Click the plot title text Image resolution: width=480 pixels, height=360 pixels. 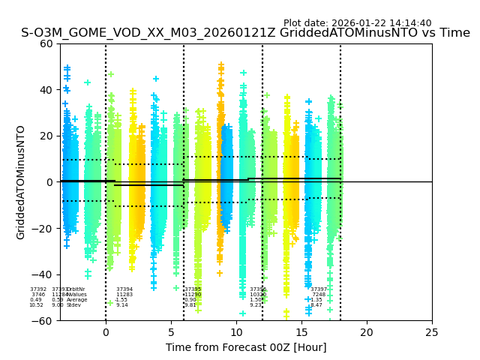tap(245, 33)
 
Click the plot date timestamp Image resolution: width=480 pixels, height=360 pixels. tap(357, 23)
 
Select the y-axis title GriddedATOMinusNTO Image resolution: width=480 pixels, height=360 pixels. tap(21, 182)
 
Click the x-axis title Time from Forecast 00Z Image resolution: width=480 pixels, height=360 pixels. tap(246, 347)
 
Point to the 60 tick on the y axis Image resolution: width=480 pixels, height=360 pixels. tap(46, 43)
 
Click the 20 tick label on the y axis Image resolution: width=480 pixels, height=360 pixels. tap(46, 136)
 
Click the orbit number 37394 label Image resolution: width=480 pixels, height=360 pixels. tap(124, 289)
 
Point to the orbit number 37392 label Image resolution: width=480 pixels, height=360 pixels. tap(38, 289)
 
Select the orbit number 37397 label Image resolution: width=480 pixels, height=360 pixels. tap(319, 289)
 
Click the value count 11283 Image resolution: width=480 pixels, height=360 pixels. tap(124, 295)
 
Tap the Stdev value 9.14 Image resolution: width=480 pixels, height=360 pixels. tap(121, 305)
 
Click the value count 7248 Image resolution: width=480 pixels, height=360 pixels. tap(319, 295)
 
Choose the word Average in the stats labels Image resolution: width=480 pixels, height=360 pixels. tap(76, 300)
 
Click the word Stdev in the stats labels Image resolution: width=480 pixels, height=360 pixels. tap(74, 305)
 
